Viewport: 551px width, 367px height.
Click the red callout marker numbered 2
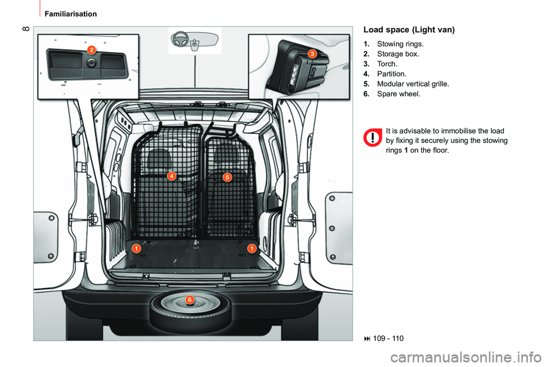tap(91, 50)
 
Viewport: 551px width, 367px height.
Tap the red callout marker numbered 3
tap(312, 53)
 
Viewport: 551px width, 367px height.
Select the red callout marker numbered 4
tap(171, 175)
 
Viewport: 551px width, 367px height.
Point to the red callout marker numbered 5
tap(227, 177)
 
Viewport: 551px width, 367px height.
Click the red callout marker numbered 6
tap(189, 299)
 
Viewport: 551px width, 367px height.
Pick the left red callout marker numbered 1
tap(135, 248)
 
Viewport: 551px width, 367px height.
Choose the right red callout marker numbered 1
tap(251, 248)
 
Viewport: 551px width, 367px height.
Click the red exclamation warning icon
tap(372, 138)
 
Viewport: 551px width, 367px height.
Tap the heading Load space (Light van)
tap(409, 29)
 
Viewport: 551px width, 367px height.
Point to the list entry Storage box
tap(398, 54)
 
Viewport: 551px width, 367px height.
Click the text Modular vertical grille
tap(413, 84)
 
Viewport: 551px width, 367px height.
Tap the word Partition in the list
tap(391, 74)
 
